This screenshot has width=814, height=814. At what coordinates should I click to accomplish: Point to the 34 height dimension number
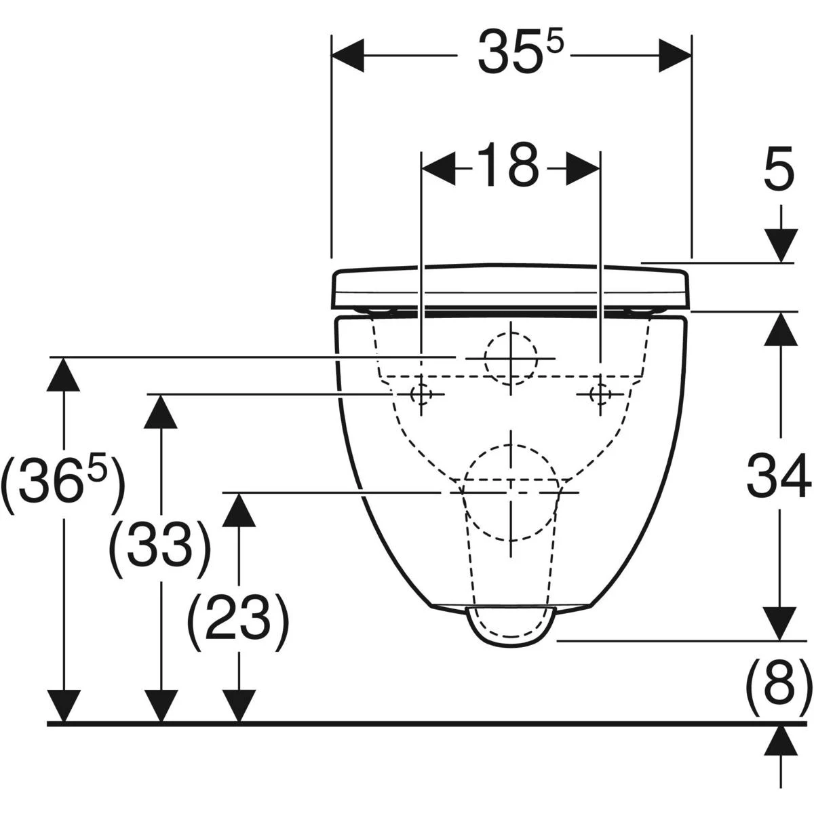pos(779,474)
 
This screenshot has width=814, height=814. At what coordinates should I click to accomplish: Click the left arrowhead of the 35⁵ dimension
pos(348,56)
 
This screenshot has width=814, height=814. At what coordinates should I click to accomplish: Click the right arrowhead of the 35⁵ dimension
pos(675,56)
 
